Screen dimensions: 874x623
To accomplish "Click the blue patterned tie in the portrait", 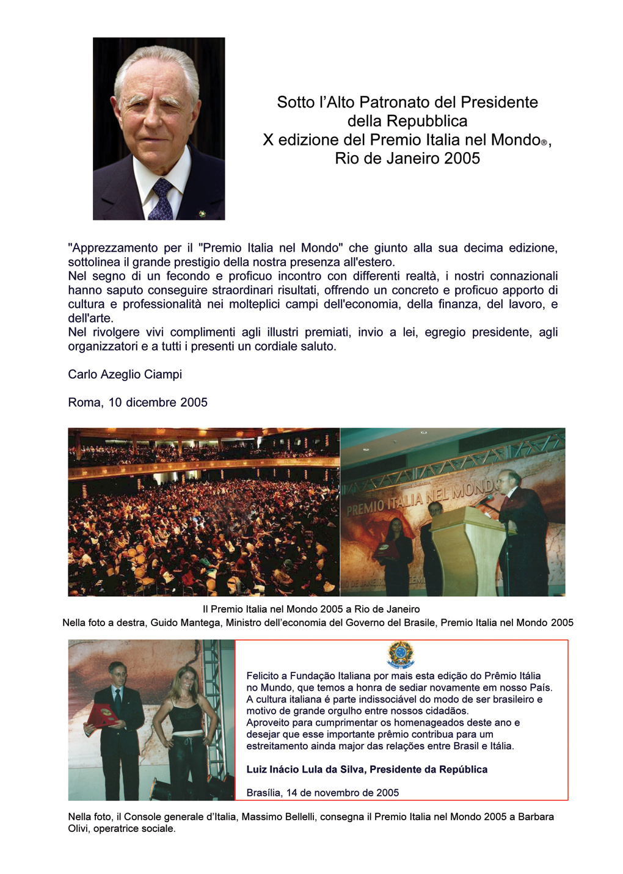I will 161,199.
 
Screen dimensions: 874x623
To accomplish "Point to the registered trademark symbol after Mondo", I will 544,142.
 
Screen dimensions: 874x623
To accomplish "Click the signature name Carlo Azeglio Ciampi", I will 125,374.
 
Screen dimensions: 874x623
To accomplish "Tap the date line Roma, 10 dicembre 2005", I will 137,402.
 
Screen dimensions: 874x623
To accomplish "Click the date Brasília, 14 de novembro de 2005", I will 322,793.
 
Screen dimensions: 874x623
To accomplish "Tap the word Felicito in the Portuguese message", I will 265,676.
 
